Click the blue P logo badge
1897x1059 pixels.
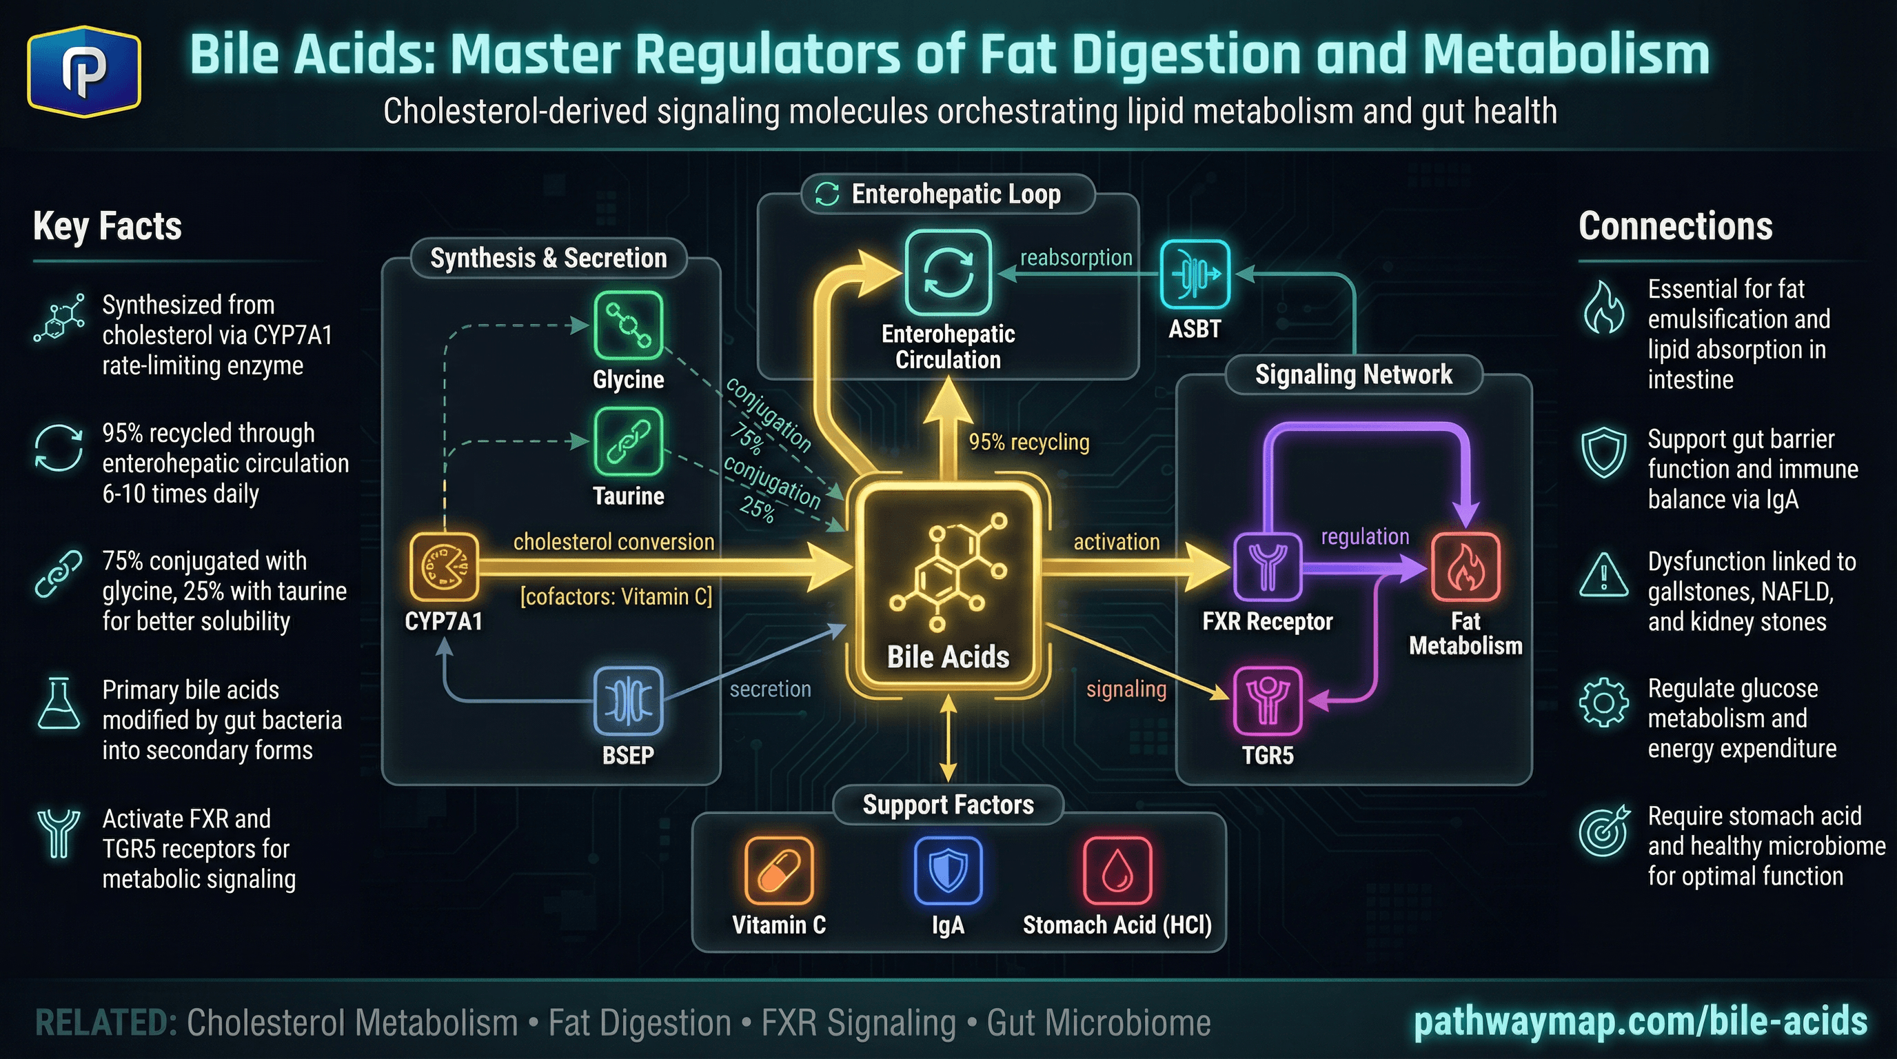[x=84, y=72]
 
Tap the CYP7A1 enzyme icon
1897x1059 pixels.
[x=444, y=567]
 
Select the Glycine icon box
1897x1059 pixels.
[x=628, y=325]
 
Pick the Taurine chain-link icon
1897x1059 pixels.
[x=628, y=442]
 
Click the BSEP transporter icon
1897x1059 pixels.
[x=628, y=701]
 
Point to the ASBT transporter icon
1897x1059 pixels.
[x=1195, y=274]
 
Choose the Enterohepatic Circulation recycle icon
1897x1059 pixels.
[x=948, y=273]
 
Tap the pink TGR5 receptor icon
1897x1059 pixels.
[x=1268, y=701]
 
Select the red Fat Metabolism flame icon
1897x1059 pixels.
[x=1465, y=567]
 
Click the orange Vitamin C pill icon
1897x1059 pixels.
[x=778, y=871]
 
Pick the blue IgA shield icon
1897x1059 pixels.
[x=948, y=871]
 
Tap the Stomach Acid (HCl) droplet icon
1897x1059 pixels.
[x=1117, y=871]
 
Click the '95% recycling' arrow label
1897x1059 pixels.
[x=1028, y=442]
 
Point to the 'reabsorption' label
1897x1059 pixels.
[x=1076, y=258]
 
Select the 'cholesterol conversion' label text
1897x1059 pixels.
[x=613, y=542]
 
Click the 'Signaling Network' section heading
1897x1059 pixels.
[x=1354, y=375]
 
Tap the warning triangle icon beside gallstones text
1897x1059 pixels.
[x=1603, y=576]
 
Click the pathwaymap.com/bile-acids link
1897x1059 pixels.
[x=1640, y=1022]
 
